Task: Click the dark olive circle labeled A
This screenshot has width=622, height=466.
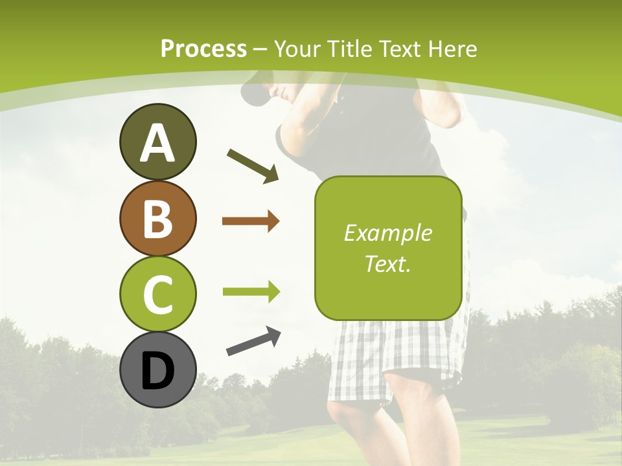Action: [x=157, y=142]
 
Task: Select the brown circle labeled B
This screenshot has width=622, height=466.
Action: [x=157, y=218]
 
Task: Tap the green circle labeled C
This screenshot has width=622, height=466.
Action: [x=157, y=294]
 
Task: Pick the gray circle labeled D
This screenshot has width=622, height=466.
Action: [x=157, y=370]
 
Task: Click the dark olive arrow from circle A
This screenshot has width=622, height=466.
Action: [x=253, y=166]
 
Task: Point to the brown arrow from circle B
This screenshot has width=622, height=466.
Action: [x=251, y=221]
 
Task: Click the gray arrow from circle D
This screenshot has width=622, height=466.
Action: [x=253, y=342]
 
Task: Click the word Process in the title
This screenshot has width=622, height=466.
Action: [x=203, y=49]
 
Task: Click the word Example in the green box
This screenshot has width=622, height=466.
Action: [x=387, y=233]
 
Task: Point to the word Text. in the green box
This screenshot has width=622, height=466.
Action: [x=387, y=263]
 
